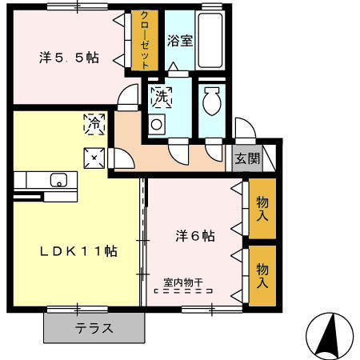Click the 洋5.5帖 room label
coord(69,58)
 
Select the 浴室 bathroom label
coord(178,39)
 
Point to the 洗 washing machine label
coord(160,98)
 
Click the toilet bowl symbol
coord(213,104)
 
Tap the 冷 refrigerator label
coord(94,124)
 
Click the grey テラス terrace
coord(94,327)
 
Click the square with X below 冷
coord(94,158)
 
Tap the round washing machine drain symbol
coord(158,124)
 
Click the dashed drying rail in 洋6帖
coord(184,292)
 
